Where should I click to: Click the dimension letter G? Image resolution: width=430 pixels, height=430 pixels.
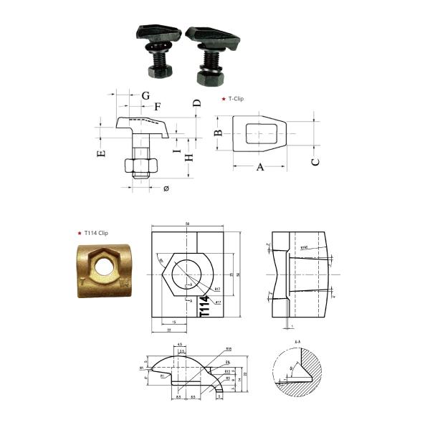(x=145, y=95)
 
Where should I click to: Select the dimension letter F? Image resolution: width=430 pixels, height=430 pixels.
(x=158, y=106)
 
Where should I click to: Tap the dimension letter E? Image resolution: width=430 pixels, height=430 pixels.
(x=101, y=153)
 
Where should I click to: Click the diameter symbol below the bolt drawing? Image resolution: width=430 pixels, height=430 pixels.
(x=166, y=188)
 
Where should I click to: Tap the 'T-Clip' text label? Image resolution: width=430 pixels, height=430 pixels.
(x=236, y=98)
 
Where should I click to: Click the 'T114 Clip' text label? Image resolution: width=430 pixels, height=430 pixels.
(x=95, y=233)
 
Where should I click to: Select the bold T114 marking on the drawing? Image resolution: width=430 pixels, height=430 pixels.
(x=203, y=307)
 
